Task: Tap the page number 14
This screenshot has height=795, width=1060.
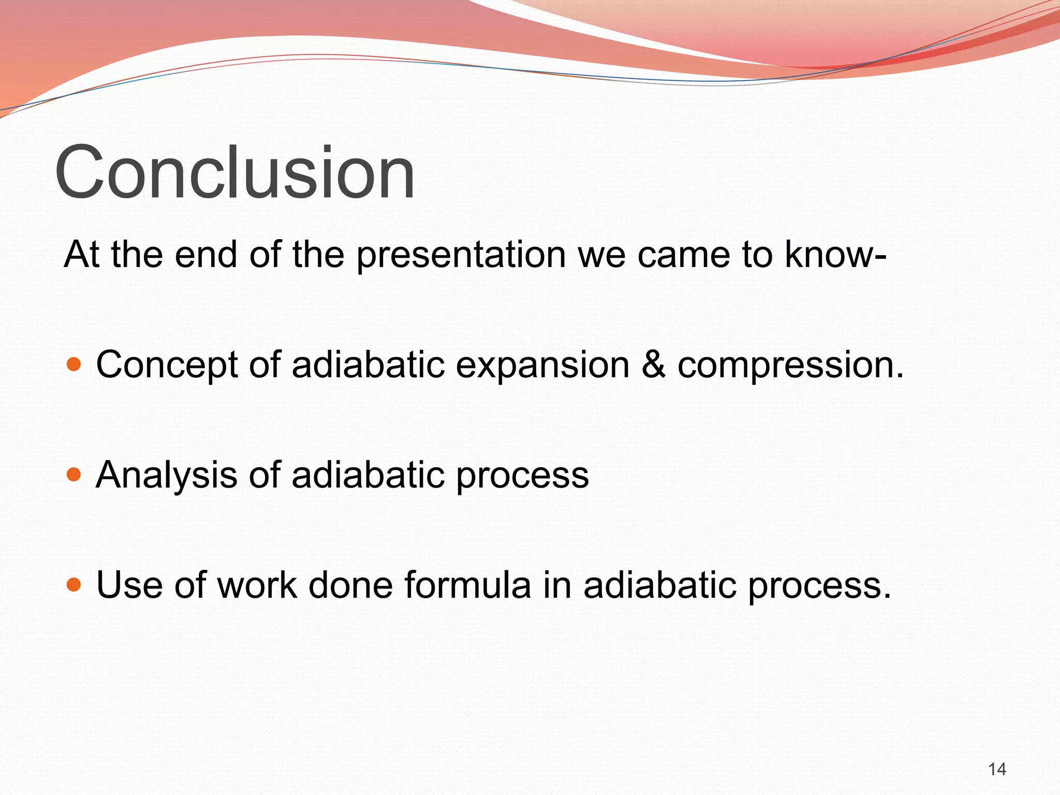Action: [997, 770]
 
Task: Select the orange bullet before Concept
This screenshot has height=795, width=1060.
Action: [75, 364]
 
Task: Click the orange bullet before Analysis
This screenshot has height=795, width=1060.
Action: [75, 474]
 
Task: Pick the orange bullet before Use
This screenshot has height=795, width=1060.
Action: [75, 584]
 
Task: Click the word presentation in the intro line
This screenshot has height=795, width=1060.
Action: [461, 255]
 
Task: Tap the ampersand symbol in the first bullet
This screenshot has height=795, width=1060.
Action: [653, 364]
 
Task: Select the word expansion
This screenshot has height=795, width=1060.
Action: [542, 365]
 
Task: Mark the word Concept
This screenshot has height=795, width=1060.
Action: [167, 365]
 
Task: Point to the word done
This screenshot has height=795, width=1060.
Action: [350, 585]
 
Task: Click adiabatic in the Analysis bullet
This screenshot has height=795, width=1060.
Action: [368, 474]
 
